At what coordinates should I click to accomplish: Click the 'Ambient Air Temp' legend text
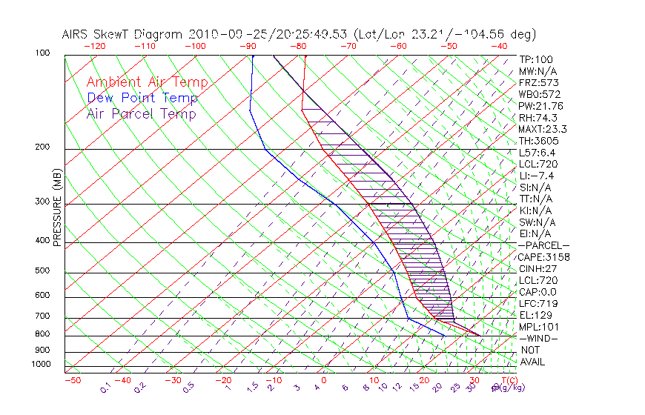pyautogui.click(x=147, y=82)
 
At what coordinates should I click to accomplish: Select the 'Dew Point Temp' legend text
pyautogui.click(x=142, y=98)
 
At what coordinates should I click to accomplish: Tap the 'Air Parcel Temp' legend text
pyautogui.click(x=142, y=113)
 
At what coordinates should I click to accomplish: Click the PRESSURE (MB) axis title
pyautogui.click(x=57, y=211)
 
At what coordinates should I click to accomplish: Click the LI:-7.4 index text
pyautogui.click(x=537, y=176)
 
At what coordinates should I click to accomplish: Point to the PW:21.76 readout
pyautogui.click(x=541, y=106)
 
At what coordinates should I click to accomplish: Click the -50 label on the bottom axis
pyautogui.click(x=72, y=380)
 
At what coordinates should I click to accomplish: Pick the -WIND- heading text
pyautogui.click(x=538, y=338)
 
